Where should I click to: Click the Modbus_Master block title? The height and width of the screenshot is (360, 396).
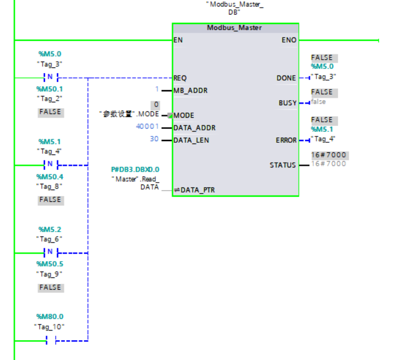234,28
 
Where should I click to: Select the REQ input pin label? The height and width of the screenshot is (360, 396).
180,77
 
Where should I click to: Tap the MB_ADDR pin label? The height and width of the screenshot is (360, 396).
191,91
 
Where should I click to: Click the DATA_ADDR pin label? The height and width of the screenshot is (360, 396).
194,128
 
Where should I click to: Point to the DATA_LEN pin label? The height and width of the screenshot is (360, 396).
192,140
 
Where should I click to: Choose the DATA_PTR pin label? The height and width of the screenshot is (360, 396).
193,190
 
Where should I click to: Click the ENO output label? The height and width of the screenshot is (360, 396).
289,40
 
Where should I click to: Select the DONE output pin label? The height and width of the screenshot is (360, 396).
286,78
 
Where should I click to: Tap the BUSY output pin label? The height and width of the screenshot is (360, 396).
288,103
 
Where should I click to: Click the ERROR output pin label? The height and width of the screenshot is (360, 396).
286,140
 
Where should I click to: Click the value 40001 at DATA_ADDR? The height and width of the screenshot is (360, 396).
146,127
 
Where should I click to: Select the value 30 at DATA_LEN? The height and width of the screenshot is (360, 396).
154,140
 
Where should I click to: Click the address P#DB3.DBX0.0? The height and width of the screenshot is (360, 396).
135,169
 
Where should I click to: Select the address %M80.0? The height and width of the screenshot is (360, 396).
50,316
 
